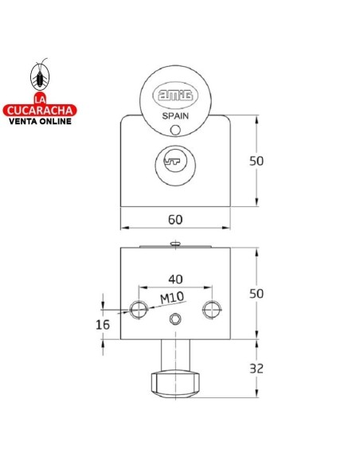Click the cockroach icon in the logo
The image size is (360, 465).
click(40, 76)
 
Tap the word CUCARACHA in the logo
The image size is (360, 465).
click(40, 111)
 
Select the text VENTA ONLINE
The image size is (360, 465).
click(40, 121)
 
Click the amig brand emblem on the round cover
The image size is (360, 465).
click(175, 96)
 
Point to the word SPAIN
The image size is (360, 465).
click(175, 116)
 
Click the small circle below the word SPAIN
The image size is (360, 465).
click(175, 130)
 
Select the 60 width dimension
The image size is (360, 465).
click(175, 220)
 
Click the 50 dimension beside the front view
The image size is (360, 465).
click(256, 161)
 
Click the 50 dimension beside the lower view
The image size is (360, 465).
click(256, 294)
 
